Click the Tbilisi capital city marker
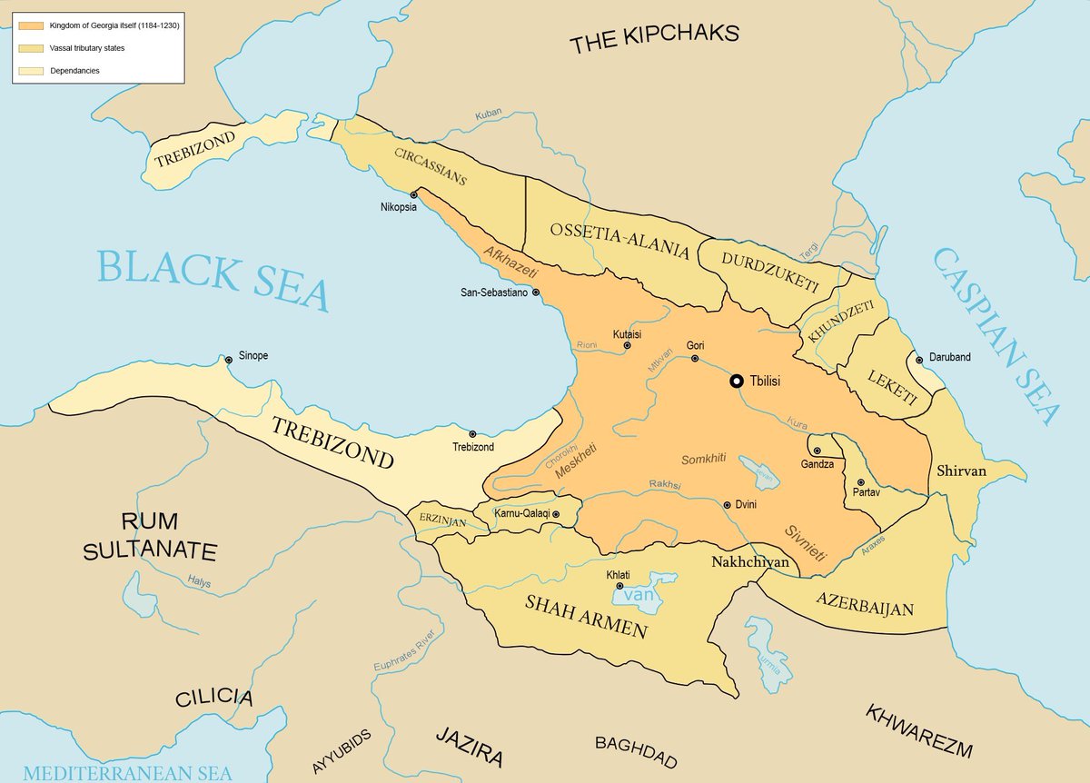(737, 382)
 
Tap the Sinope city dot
(229, 361)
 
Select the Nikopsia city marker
(414, 194)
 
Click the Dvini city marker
(727, 505)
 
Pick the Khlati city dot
(619, 586)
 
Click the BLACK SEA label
(213, 279)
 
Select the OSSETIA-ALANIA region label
(619, 240)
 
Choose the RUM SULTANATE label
(150, 536)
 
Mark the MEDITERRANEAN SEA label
(127, 773)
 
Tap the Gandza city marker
(817, 451)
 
